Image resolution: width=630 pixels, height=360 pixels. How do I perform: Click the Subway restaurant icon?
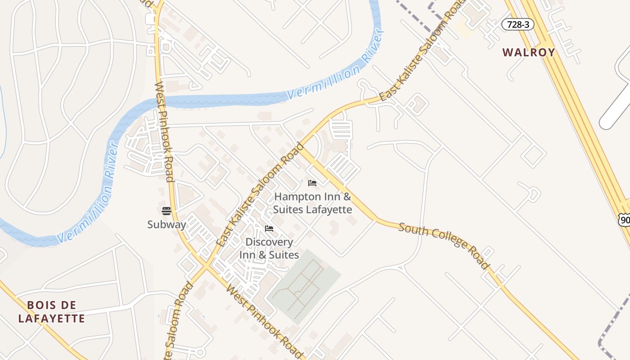click(166, 211)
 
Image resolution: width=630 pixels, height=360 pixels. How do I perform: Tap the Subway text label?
click(166, 224)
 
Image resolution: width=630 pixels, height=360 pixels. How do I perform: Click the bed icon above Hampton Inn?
click(312, 183)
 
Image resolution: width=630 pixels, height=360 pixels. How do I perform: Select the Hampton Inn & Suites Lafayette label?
click(312, 203)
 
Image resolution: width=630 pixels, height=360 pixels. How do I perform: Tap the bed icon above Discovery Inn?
click(269, 229)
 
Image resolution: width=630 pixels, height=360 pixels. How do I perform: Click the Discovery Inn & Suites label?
click(269, 248)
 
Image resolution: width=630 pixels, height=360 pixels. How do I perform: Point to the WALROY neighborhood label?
click(529, 52)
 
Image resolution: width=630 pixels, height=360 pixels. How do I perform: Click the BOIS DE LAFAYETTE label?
click(51, 312)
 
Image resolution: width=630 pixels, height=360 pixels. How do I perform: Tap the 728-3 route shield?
click(517, 24)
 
